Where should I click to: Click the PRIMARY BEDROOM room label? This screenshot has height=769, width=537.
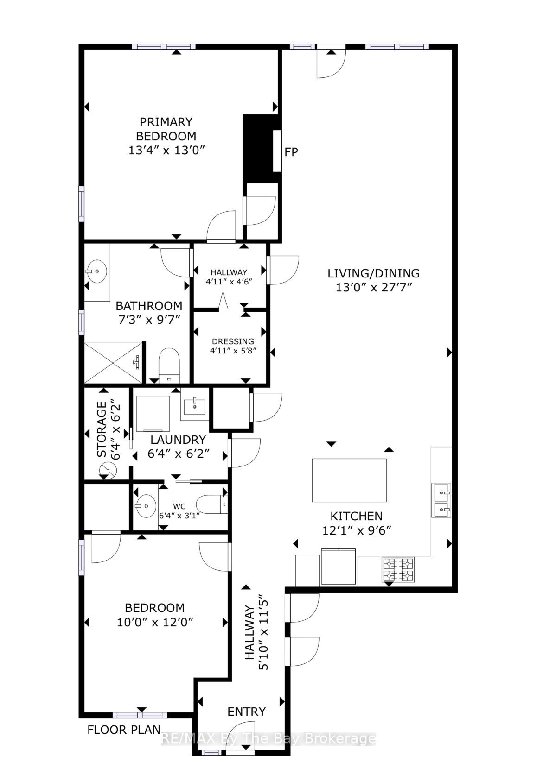click(x=166, y=129)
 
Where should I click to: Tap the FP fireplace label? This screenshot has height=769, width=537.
click(x=291, y=152)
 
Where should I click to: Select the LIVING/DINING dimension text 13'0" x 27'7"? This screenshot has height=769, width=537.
click(x=373, y=287)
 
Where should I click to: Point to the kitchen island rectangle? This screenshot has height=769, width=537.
click(x=349, y=480)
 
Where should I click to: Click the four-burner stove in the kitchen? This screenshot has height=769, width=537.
click(x=398, y=570)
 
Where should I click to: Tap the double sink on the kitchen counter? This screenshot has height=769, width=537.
click(x=441, y=500)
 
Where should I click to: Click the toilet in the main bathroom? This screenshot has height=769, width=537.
click(x=169, y=366)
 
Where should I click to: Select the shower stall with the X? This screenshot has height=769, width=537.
click(x=113, y=362)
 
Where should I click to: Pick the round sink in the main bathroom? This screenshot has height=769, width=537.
click(x=96, y=271)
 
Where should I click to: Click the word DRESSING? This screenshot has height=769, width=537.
click(x=233, y=341)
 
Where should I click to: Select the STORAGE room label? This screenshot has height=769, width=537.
click(x=102, y=429)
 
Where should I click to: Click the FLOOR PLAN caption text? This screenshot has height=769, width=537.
click(x=124, y=730)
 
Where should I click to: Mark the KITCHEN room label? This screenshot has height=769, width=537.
click(x=356, y=516)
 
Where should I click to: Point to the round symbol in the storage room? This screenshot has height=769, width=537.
click(x=108, y=470)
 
